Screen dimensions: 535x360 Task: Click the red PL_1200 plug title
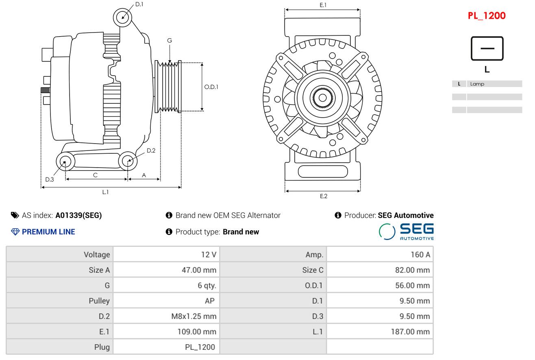coord(486,16)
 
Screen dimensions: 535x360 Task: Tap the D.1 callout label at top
coord(139,4)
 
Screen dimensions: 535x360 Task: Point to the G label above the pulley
coord(170,40)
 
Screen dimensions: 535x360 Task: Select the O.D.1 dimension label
coord(211,87)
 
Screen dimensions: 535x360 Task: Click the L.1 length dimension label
coord(105,192)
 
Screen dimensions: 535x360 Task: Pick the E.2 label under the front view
coord(323,196)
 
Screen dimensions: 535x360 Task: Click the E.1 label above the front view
coord(323,5)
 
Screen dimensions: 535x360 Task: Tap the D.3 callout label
coord(50,179)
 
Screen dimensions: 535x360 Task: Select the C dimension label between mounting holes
coord(95,175)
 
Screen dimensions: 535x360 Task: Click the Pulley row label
coord(99,301)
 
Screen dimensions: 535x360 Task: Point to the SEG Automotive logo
coord(406,231)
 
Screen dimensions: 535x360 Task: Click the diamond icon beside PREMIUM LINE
coord(15,231)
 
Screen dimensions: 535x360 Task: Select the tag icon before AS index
coord(15,215)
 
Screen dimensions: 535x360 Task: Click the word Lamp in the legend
coord(477,84)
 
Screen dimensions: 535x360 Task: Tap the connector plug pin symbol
coord(487,48)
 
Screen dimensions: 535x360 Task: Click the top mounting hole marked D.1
coord(122,17)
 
